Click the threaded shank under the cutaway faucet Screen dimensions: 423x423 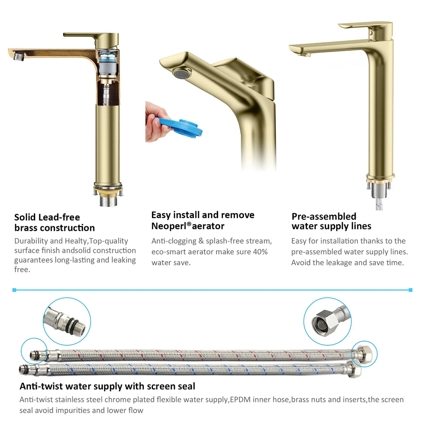click(108, 201)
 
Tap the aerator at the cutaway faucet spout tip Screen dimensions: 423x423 click(19, 56)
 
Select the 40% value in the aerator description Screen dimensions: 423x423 click(260, 252)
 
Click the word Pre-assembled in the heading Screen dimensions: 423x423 click(324, 216)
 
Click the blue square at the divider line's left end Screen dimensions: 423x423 click(14, 290)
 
